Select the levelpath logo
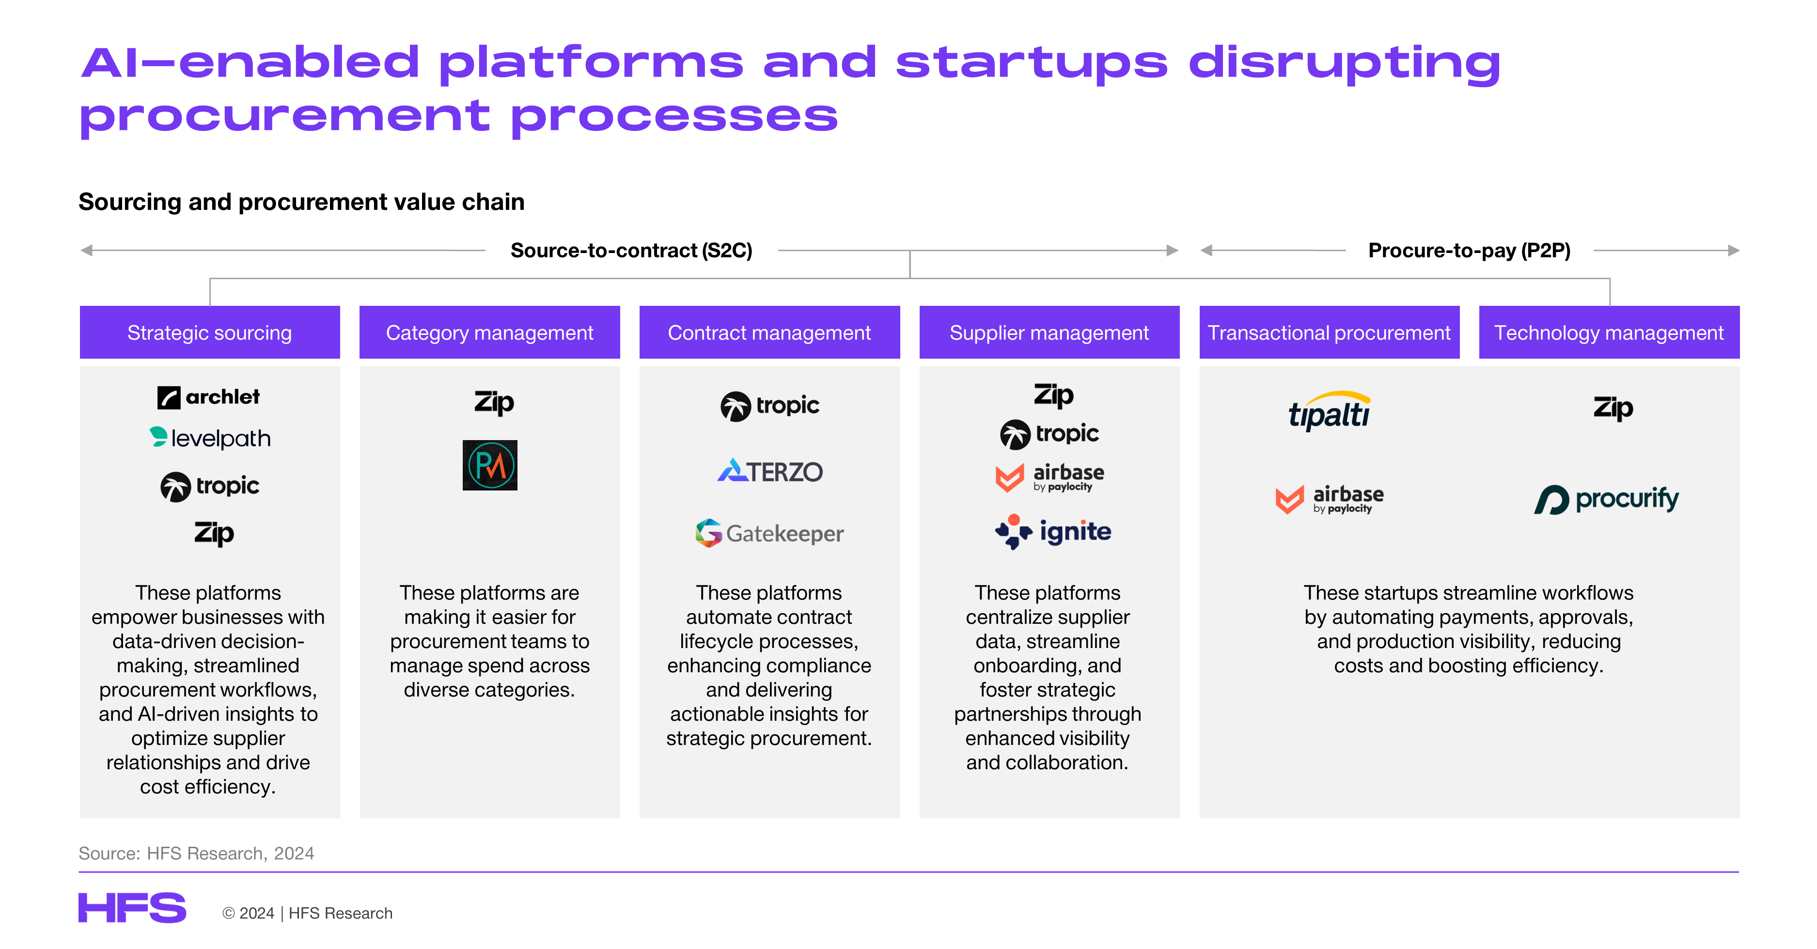[x=210, y=438]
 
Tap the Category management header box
[x=489, y=332]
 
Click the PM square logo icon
[x=489, y=465]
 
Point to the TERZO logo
[x=769, y=471]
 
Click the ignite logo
[x=1053, y=531]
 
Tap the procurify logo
[x=1607, y=499]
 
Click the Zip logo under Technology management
[x=1613, y=408]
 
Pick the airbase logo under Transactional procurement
[x=1330, y=499]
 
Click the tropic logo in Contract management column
[x=769, y=406]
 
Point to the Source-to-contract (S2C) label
[x=631, y=251]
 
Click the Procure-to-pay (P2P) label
[x=1469, y=251]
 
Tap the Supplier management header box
[x=1049, y=332]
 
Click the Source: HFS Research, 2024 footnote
[x=196, y=853]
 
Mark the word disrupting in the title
[x=1345, y=63]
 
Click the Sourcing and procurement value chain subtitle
[x=301, y=202]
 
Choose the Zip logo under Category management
[x=494, y=403]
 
